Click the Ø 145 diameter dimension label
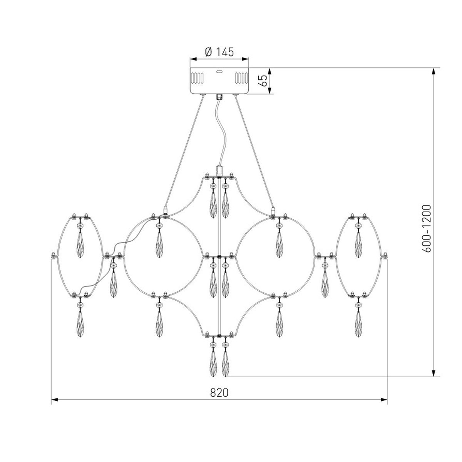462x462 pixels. pyautogui.click(x=219, y=52)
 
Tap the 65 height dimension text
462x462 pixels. pyautogui.click(x=263, y=80)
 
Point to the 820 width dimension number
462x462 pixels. pyautogui.click(x=219, y=392)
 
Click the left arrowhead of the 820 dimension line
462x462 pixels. pyautogui.click(x=55, y=400)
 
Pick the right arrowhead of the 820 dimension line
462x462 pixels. pyautogui.click(x=384, y=400)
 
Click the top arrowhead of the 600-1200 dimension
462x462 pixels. pyautogui.click(x=434, y=72)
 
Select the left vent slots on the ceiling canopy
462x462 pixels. pyautogui.click(x=197, y=78)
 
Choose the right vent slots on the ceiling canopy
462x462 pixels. pyautogui.click(x=241, y=78)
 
